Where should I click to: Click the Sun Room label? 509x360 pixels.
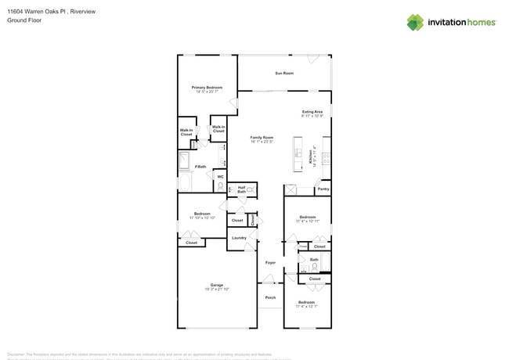pyautogui.click(x=283, y=74)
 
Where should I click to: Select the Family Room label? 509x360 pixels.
pyautogui.click(x=262, y=138)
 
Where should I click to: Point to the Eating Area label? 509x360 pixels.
pyautogui.click(x=312, y=112)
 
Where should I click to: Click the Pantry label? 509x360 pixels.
pyautogui.click(x=323, y=189)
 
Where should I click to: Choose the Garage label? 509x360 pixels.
pyautogui.click(x=216, y=285)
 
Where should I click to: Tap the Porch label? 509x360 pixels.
pyautogui.click(x=270, y=297)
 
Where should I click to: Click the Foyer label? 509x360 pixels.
pyautogui.click(x=270, y=263)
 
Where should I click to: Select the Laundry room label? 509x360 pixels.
pyautogui.click(x=239, y=238)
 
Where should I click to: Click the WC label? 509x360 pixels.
pyautogui.click(x=220, y=177)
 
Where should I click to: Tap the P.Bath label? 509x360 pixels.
pyautogui.click(x=200, y=167)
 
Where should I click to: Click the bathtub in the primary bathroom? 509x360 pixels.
pyautogui.click(x=185, y=161)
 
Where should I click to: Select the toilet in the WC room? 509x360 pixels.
pyautogui.click(x=220, y=186)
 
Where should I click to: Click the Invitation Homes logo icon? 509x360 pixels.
pyautogui.click(x=414, y=22)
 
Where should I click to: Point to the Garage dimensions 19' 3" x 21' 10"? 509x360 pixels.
pyautogui.click(x=216, y=290)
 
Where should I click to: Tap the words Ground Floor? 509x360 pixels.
pyautogui.click(x=23, y=21)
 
